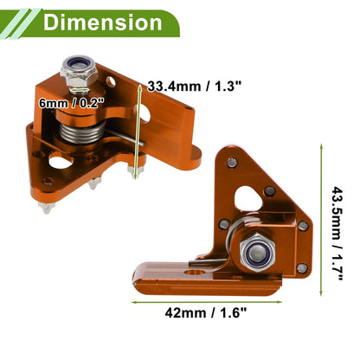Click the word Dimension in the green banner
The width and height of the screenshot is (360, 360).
[103, 22]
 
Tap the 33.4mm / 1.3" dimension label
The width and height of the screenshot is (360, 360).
[194, 87]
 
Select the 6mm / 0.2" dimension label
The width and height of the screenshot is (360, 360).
[71, 103]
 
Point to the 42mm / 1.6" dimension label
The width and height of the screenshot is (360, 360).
[206, 312]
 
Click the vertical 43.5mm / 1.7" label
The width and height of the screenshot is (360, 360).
[337, 234]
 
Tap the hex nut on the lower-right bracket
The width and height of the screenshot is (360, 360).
[257, 253]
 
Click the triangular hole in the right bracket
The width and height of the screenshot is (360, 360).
[248, 198]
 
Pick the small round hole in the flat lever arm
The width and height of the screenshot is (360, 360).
[195, 272]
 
